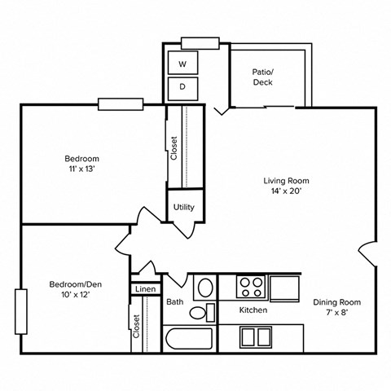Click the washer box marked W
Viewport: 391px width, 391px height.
click(x=182, y=63)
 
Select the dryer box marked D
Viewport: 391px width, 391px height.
click(x=182, y=87)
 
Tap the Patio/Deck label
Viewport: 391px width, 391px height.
click(x=262, y=77)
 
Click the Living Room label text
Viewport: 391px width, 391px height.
click(x=286, y=181)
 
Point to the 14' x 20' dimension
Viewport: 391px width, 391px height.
click(x=286, y=193)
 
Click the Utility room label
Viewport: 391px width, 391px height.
click(x=184, y=207)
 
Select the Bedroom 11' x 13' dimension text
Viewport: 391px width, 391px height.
click(x=82, y=170)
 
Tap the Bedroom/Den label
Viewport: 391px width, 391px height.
click(x=74, y=283)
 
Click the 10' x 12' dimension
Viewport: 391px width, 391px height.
click(x=74, y=295)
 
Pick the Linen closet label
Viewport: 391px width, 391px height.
click(x=145, y=289)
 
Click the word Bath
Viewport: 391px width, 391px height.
click(x=175, y=302)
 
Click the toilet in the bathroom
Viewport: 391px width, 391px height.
click(x=209, y=310)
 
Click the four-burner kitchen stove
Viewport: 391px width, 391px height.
click(x=252, y=286)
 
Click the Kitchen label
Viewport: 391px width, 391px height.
click(x=253, y=310)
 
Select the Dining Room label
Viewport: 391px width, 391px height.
click(x=336, y=302)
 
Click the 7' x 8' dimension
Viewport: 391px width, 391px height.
click(x=336, y=314)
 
